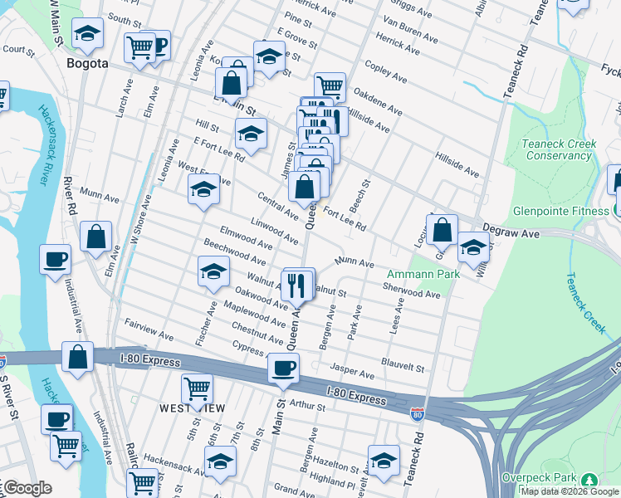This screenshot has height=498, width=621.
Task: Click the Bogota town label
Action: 87,63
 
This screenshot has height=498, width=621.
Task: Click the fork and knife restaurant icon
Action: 296,285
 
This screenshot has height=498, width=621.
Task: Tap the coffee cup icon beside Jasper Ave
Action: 283,367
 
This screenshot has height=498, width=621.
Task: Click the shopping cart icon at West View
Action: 197,388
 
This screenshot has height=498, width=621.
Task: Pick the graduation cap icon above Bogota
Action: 87,34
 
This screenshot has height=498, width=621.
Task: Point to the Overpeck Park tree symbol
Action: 589,480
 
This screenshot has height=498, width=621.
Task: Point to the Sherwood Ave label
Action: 412,294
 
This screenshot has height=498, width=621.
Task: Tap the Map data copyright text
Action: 570,491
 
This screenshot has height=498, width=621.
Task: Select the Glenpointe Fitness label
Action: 560,211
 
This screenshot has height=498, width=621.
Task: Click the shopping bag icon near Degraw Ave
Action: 443,229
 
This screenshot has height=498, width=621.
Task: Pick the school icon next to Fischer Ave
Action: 213,271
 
